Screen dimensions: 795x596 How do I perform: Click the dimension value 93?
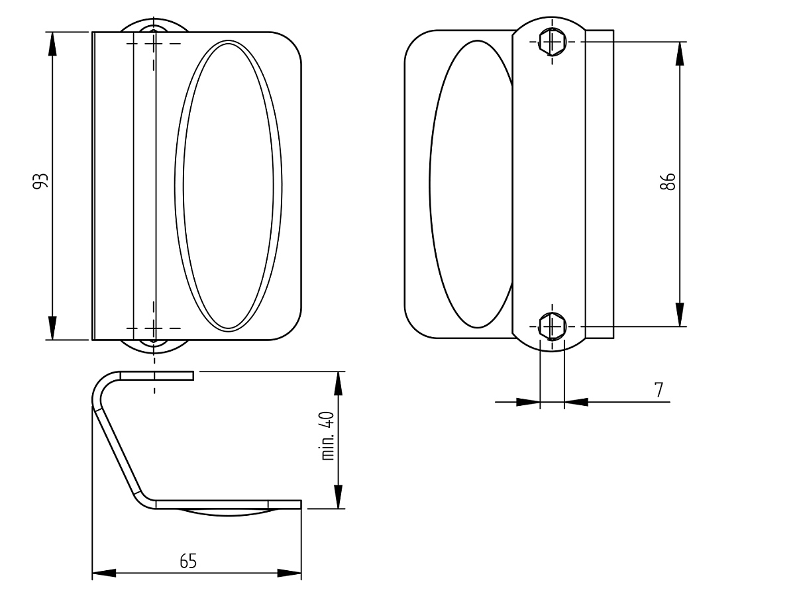pos(40,181)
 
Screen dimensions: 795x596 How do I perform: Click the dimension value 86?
pos(668,181)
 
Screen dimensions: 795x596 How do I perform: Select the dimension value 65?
pos(188,562)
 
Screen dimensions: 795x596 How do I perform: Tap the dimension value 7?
pos(659,390)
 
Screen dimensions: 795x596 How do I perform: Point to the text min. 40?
pos(328,436)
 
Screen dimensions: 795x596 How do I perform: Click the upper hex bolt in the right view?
pos(553,42)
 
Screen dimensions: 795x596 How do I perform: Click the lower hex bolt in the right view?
pos(553,326)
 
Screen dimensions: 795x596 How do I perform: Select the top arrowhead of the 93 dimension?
pos(52,44)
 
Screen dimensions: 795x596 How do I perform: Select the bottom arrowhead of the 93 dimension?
pos(52,328)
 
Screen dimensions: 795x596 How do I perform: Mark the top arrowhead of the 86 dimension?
pos(680,54)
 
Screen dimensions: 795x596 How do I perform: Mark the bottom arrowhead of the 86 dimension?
pos(680,315)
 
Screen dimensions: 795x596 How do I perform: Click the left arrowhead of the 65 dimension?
pos(104,573)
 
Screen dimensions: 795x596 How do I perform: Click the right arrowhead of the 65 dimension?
pos(289,573)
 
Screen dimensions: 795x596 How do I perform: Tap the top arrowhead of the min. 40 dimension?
pos(338,383)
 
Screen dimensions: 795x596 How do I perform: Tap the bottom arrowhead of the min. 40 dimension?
pos(338,497)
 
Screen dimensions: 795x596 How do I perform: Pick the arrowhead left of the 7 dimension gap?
pos(528,402)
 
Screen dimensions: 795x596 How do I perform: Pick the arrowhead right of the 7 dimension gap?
pos(576,402)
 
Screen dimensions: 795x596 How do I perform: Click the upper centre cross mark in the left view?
pos(154,44)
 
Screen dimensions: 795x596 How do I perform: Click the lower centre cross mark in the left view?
pos(154,328)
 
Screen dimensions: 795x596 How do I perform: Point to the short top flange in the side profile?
pos(156,375)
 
